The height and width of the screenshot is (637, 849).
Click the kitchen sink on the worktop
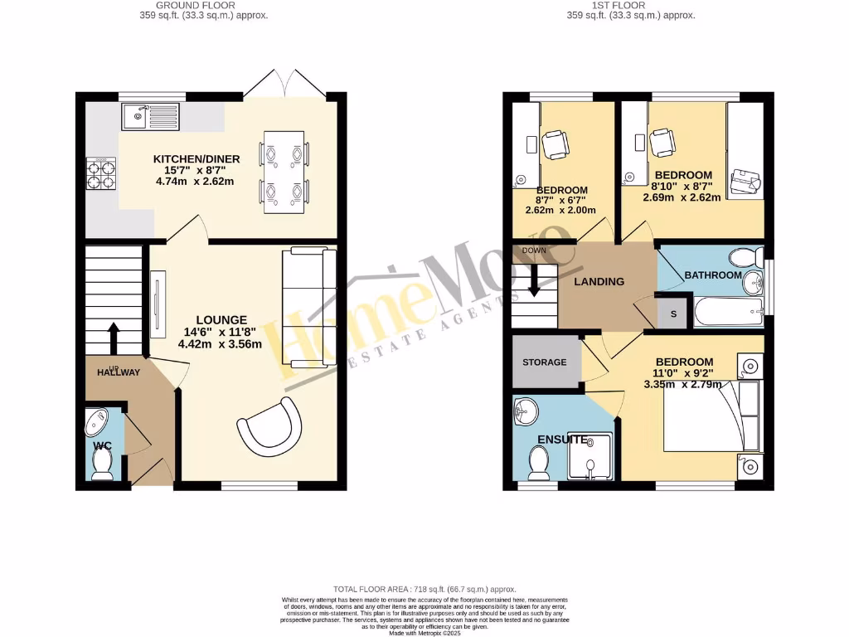149,116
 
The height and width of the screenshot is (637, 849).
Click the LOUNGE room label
221,319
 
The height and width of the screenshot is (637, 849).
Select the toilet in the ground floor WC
103,464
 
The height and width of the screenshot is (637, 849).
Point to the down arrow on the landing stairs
533,280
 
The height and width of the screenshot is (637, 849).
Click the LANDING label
599,281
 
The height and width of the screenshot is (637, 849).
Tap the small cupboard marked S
672,314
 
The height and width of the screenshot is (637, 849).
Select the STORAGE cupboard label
544,362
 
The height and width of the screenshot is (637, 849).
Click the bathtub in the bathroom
727,314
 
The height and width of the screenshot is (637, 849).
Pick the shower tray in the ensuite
589,455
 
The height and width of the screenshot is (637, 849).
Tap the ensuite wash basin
526,410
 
